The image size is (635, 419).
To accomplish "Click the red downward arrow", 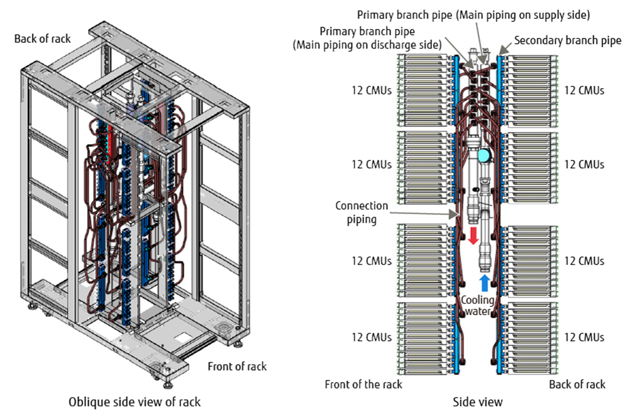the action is [x=473, y=236].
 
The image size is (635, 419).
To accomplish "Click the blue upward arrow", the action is [x=484, y=283].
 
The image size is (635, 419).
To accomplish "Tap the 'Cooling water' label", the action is [x=478, y=306].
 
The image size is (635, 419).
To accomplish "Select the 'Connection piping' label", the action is [x=362, y=213].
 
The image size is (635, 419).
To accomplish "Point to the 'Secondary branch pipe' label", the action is [x=568, y=40].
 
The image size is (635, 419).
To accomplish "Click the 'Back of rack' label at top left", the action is [x=43, y=39].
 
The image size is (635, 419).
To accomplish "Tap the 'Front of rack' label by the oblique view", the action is [x=237, y=366].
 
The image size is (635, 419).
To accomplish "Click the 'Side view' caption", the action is [x=478, y=402].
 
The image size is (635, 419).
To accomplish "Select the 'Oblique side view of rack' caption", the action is [x=135, y=402].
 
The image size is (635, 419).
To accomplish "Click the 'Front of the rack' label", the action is [x=363, y=384].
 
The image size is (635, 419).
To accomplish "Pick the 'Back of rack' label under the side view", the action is [x=577, y=384].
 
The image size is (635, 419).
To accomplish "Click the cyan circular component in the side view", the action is [x=484, y=155].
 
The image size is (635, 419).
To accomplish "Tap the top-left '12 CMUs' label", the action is [x=372, y=90].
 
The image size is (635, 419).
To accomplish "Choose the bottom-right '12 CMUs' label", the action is [x=584, y=337].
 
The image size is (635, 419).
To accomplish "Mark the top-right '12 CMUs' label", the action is [x=584, y=90].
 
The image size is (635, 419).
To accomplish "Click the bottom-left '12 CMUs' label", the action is [x=372, y=337].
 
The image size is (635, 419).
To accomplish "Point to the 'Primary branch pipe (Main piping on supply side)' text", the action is [x=473, y=15].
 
